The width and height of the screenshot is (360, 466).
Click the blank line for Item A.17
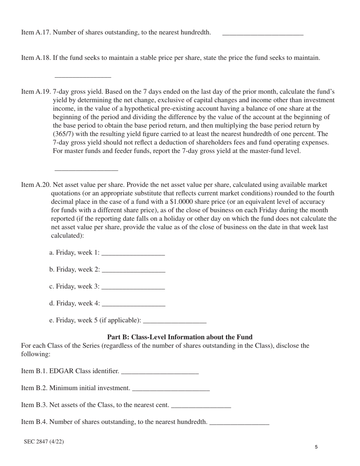(x=263, y=33)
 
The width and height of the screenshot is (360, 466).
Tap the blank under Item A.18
(x=83, y=75)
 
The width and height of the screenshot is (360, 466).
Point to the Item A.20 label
(x=36, y=185)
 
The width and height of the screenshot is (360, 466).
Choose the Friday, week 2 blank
(x=134, y=271)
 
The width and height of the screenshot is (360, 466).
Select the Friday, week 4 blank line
(x=134, y=305)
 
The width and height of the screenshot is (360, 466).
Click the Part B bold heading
(x=180, y=337)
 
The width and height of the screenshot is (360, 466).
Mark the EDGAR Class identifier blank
(x=160, y=372)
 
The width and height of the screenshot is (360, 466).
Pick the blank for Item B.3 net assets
(x=201, y=406)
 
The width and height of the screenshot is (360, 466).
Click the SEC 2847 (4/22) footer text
(x=44, y=441)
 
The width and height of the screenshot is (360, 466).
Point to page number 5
(x=316, y=447)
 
